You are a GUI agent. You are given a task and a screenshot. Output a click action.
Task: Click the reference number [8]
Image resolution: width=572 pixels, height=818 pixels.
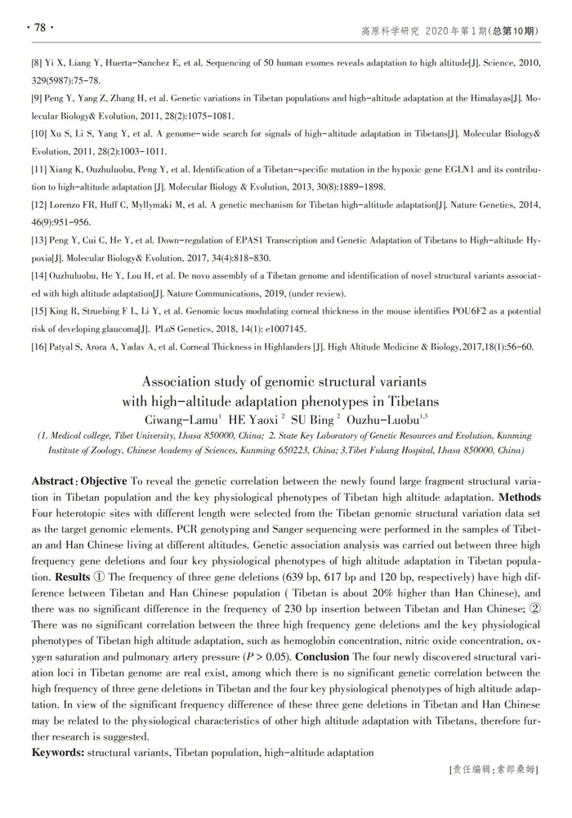click(38, 62)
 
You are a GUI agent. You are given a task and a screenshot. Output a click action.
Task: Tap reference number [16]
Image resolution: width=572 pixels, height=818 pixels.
click(40, 346)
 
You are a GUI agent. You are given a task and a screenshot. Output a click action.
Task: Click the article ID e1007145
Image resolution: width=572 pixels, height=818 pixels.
click(281, 329)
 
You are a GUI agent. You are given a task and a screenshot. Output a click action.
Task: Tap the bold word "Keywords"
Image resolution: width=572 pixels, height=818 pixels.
click(56, 752)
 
